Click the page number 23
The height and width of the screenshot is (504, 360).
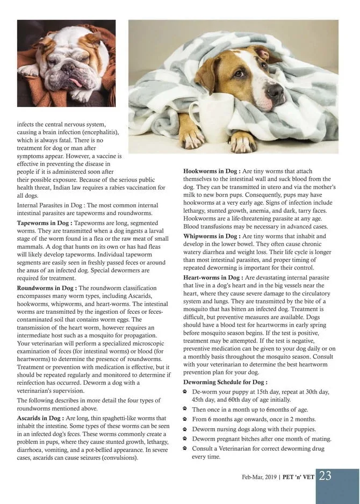pyautogui.click(x=325, y=476)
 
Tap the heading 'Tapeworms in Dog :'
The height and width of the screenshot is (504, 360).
pyautogui.click(x=45, y=222)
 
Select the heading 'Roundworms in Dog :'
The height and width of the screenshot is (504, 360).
pyautogui.click(x=47, y=288)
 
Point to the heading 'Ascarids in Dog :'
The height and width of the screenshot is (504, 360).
pyautogui.click(x=41, y=417)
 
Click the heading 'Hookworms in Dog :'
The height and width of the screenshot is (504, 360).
pyautogui.click(x=212, y=170)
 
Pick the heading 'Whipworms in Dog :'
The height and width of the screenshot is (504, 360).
pyautogui.click(x=212, y=236)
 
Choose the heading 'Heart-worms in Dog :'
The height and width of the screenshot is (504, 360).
pyautogui.click(x=214, y=277)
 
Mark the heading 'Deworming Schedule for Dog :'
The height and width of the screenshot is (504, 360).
pyautogui.click(x=225, y=382)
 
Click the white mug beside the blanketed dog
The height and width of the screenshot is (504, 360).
pyautogui.click(x=211, y=117)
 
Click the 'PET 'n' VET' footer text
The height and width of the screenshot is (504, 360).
pyautogui.click(x=298, y=477)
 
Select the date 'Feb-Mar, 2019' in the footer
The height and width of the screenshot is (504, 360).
pyautogui.click(x=260, y=477)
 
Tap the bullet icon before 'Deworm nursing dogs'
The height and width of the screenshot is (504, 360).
pyautogui.click(x=185, y=429)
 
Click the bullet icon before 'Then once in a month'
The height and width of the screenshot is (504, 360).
pyautogui.click(x=185, y=409)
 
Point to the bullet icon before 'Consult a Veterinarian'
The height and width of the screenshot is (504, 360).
pyautogui.click(x=185, y=448)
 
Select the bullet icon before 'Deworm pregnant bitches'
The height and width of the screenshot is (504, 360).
pyautogui.click(x=185, y=438)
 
